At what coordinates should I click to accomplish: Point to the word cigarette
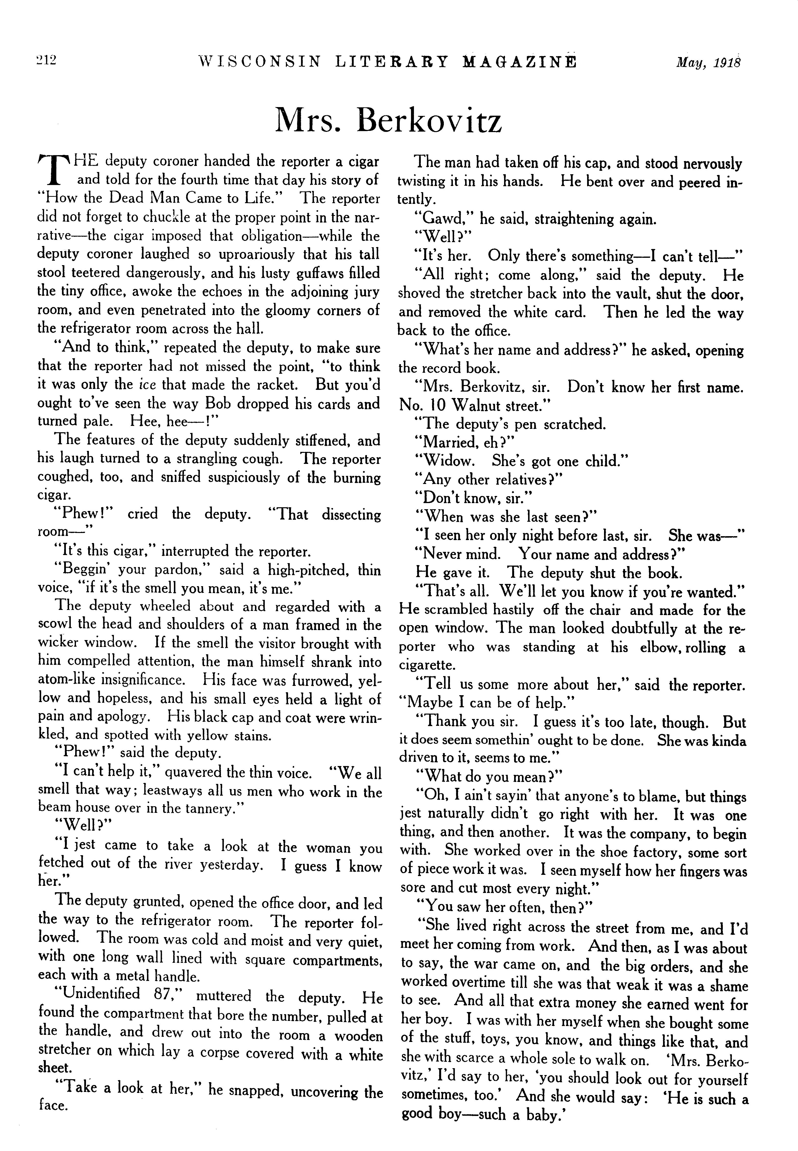(427, 665)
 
